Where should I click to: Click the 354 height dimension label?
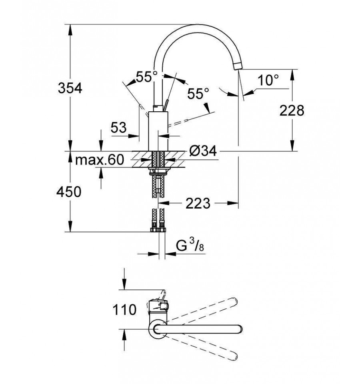[x=70, y=88]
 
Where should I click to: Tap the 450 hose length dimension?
[x=69, y=192]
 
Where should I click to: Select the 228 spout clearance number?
[x=292, y=111]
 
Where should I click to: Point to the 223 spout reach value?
[x=198, y=203]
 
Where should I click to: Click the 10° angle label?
[x=268, y=80]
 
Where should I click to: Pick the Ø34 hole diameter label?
[x=203, y=151]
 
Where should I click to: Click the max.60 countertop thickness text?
[x=100, y=160]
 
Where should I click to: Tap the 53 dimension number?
[x=119, y=128]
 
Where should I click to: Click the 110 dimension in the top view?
[x=124, y=310]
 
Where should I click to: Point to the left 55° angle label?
[x=147, y=76]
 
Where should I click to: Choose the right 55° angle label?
[x=198, y=93]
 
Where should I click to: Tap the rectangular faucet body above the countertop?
[x=158, y=131]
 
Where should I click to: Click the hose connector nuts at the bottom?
[x=158, y=230]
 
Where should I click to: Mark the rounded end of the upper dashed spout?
[x=234, y=301]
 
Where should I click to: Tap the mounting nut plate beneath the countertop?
[x=158, y=172]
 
